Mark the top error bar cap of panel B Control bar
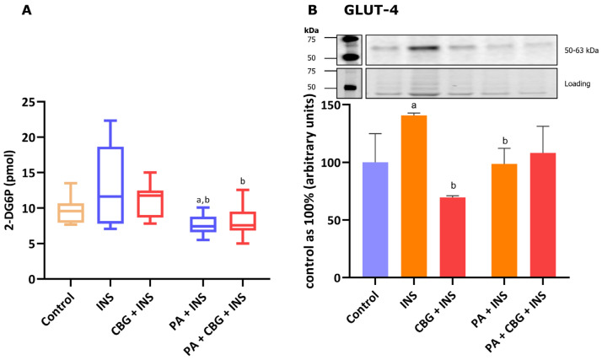pos(374,134)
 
